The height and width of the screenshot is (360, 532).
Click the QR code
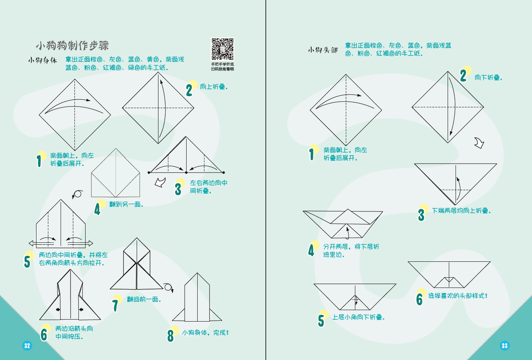coord(222,49)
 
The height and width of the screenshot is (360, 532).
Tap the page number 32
coord(27,345)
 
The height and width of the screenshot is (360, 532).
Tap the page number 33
coord(504,345)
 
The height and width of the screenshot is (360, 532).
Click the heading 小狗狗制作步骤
coord(72,46)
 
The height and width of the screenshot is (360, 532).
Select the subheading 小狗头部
coord(323,50)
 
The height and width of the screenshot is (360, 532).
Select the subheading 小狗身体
coord(42,60)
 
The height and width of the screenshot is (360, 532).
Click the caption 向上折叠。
coord(214,87)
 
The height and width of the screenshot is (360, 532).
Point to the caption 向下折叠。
coord(488,78)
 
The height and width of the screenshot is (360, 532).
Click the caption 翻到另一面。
coord(126,204)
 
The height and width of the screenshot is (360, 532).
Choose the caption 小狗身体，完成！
coord(205,333)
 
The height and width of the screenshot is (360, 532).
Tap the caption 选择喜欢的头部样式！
coord(458,296)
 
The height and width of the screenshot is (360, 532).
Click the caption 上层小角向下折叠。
coord(358,317)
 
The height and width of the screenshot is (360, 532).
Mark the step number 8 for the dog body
coord(171,335)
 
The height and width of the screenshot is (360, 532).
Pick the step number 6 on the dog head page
coord(419,299)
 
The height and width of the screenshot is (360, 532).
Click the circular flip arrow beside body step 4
coord(77,194)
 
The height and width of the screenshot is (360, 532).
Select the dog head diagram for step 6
coord(449,274)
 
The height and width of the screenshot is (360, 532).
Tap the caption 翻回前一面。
coord(144,299)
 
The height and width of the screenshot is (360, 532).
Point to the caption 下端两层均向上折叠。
coord(461,211)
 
